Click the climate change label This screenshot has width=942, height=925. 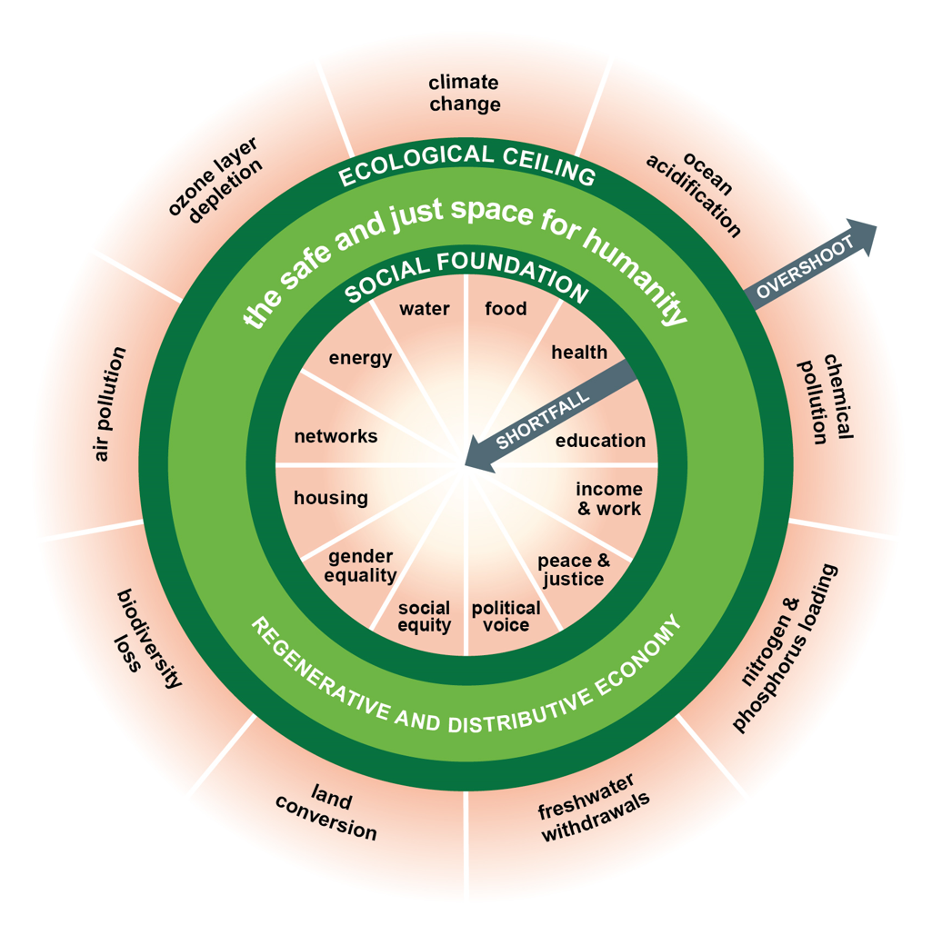tap(465, 93)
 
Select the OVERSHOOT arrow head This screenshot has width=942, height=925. tap(858, 236)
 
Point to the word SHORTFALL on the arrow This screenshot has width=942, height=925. tap(543, 420)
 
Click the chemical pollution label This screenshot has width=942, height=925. tap(826, 398)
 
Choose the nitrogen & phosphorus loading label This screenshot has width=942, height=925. tap(785, 648)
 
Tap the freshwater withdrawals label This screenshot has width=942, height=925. tap(594, 808)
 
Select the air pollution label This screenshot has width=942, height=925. tap(110, 404)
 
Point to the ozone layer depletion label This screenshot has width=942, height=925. tap(215, 180)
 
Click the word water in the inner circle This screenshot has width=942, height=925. tap(424, 309)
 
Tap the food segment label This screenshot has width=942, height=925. tap(506, 309)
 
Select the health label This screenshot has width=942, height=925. tap(579, 352)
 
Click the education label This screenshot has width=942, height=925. tap(600, 441)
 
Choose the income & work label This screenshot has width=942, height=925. tap(609, 499)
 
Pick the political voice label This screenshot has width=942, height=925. tap(506, 616)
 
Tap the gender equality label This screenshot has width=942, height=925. tap(360, 566)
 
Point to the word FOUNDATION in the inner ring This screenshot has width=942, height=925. tap(513, 275)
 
